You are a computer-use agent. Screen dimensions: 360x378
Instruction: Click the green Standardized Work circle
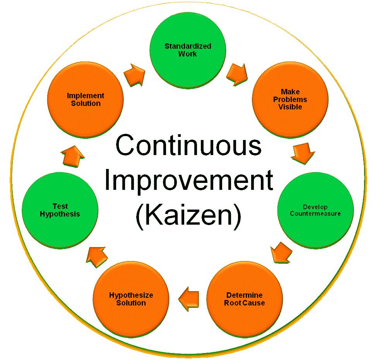188,49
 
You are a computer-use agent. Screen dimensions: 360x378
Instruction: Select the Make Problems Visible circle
290,99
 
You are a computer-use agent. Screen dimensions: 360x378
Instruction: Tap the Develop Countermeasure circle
315,210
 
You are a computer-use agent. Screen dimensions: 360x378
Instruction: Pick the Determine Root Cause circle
245,299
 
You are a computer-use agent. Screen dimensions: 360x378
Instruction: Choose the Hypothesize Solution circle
131,299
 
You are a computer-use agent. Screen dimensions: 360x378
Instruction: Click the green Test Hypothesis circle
60,210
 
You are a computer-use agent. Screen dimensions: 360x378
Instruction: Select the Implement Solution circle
86,99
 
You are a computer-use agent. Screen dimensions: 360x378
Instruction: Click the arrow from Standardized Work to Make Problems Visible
237,74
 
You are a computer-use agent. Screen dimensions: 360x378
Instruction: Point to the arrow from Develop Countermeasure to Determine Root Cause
281,253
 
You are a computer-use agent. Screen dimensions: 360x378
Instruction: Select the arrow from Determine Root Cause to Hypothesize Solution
188,299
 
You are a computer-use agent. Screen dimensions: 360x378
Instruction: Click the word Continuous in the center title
188,146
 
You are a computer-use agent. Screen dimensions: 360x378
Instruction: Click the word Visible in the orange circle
290,107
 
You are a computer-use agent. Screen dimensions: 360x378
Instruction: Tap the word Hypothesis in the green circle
60,214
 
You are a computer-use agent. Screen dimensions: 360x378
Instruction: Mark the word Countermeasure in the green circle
315,213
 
